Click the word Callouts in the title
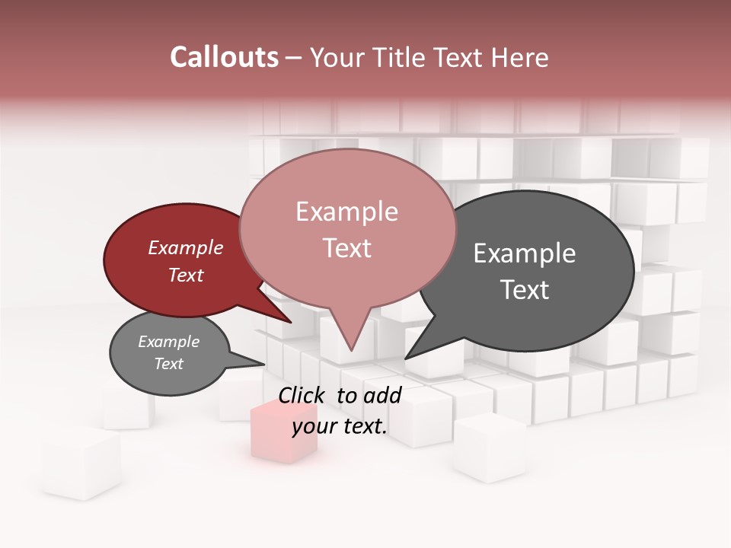(x=224, y=57)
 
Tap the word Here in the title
(x=519, y=57)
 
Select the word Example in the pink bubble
(x=346, y=212)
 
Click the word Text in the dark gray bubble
(x=525, y=289)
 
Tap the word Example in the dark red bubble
(x=186, y=247)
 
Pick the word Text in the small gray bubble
(x=169, y=364)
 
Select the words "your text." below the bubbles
(x=340, y=426)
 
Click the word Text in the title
(x=461, y=57)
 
